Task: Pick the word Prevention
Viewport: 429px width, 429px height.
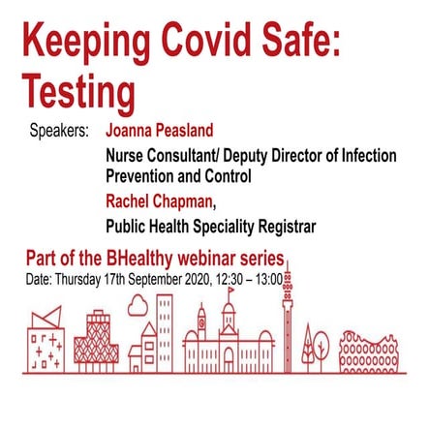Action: (146, 177)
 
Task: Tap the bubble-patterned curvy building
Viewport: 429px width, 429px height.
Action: (368, 353)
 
